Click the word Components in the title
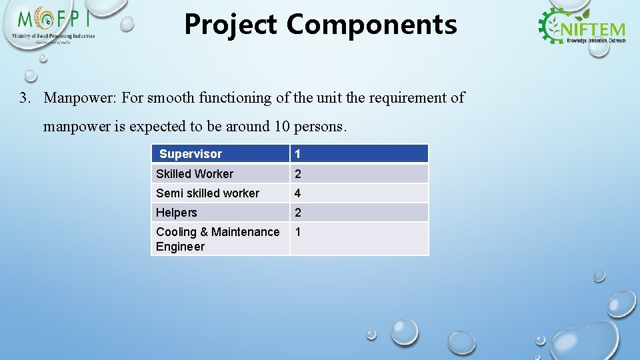(372, 25)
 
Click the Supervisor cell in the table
(191, 154)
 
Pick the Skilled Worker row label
(195, 174)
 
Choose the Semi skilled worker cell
(207, 193)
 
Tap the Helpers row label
(177, 213)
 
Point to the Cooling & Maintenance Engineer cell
(217, 239)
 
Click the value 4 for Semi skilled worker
(298, 193)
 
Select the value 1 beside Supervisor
(298, 154)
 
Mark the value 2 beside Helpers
(298, 213)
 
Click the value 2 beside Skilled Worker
(298, 174)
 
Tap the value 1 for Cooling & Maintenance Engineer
(298, 232)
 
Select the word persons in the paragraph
(322, 126)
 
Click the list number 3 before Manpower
(24, 98)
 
